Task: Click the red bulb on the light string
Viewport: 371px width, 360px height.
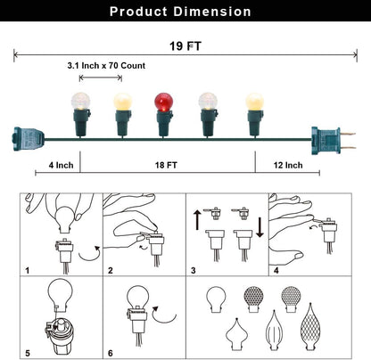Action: click(x=163, y=102)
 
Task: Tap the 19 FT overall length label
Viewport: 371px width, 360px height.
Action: click(x=185, y=46)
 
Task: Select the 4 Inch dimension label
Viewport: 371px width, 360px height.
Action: click(x=61, y=165)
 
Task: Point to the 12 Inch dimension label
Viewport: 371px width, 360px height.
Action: click(x=288, y=165)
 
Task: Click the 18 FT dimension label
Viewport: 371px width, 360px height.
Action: click(x=166, y=165)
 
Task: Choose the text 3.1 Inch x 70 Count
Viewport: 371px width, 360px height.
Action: click(x=106, y=66)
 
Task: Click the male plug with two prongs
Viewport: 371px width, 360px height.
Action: click(x=333, y=140)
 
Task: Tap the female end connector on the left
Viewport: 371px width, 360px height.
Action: click(x=28, y=139)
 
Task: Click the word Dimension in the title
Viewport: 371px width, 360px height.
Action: click(x=212, y=12)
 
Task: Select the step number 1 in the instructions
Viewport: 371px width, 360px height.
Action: click(x=28, y=271)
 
